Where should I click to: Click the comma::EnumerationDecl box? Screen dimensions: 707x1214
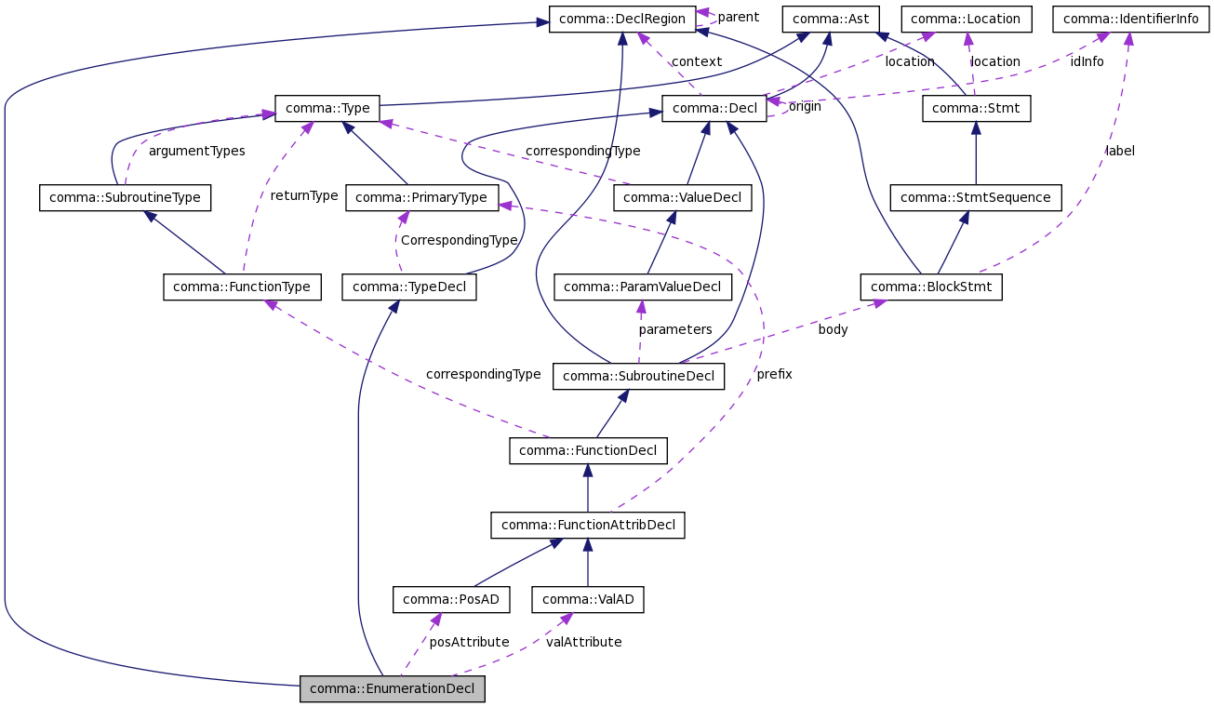pyautogui.click(x=392, y=689)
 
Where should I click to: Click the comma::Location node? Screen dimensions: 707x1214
pyautogui.click(x=966, y=19)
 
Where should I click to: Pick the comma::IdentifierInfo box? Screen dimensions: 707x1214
pyautogui.click(x=1130, y=19)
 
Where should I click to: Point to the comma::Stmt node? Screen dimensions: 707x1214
pyautogui.click(x=977, y=109)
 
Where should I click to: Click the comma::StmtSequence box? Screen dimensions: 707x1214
pyautogui.click(x=975, y=197)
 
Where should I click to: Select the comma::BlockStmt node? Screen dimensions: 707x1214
pyautogui.click(x=931, y=287)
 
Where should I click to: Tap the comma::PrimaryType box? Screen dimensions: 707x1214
pyautogui.click(x=420, y=197)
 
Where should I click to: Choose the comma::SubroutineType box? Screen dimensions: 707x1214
pyautogui.click(x=126, y=197)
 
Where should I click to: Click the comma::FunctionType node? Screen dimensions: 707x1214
pyautogui.click(x=243, y=287)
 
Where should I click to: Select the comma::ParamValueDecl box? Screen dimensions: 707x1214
pyautogui.click(x=642, y=287)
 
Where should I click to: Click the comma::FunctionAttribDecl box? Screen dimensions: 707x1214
pyautogui.click(x=588, y=526)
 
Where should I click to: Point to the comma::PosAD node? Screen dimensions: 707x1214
pyautogui.click(x=451, y=600)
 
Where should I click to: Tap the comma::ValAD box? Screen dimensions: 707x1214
pyautogui.click(x=588, y=600)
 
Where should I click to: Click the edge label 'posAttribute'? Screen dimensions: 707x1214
pyautogui.click(x=469, y=642)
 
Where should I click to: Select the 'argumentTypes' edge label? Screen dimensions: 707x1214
pyautogui.click(x=196, y=151)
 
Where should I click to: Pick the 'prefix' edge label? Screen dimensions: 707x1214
pyautogui.click(x=774, y=374)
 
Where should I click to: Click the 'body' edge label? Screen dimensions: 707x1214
pyautogui.click(x=833, y=329)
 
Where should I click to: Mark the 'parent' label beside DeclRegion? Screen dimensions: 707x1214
pyautogui.click(x=738, y=17)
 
